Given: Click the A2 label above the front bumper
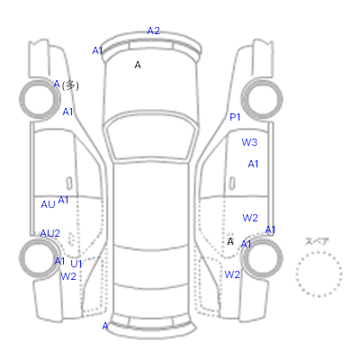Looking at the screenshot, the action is [x=153, y=31].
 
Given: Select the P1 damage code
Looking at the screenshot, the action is [x=235, y=117].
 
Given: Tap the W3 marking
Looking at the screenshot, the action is [x=249, y=142].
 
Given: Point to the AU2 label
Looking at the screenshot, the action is [x=50, y=233].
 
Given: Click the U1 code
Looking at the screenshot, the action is [x=76, y=264].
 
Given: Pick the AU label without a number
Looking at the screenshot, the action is [x=48, y=204].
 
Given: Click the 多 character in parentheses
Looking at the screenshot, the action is [x=70, y=85].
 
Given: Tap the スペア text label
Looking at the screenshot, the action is [x=317, y=241].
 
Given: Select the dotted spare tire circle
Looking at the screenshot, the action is [x=319, y=252].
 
